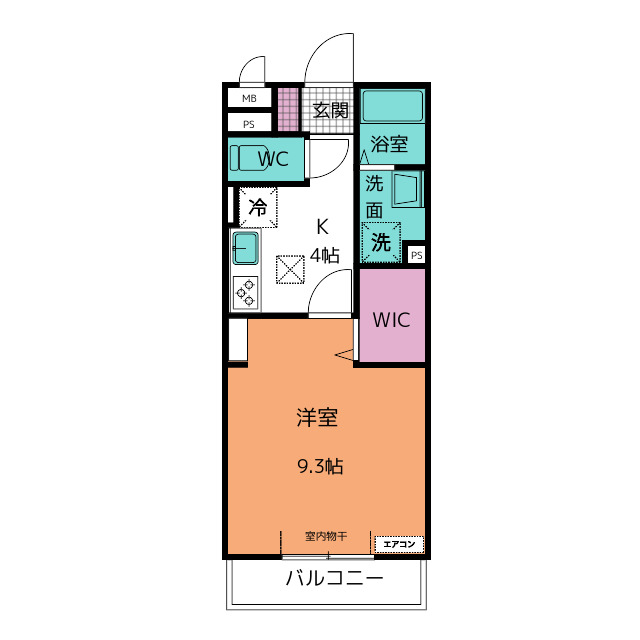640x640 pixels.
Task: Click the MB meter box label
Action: pos(249,98)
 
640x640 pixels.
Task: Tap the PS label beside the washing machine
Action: pos(416,256)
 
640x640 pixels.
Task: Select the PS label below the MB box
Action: pos(249,124)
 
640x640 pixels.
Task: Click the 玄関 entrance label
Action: pos(330,110)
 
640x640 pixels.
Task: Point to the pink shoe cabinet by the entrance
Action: pos(288,109)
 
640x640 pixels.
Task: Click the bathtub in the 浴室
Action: pos(392,106)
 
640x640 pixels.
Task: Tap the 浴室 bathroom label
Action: pos(389,144)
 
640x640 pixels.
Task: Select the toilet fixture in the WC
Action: pos(249,158)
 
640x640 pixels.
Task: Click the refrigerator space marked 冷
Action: pos(258,207)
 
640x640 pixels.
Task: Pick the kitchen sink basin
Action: pos(245,248)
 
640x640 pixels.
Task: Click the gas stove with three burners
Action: pos(245,292)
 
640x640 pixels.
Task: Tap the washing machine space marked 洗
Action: pos(381,242)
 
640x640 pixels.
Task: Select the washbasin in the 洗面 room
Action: pos(406,189)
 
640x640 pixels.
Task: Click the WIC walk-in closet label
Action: pos(391,320)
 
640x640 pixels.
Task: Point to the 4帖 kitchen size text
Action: pos(324,256)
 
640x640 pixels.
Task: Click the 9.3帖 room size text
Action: pos(320,466)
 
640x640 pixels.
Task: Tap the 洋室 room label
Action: pos(317,417)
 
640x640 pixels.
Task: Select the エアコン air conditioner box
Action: pos(399,544)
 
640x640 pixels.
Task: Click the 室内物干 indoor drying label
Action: pos(326,536)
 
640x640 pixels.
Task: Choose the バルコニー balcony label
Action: pos(335,578)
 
